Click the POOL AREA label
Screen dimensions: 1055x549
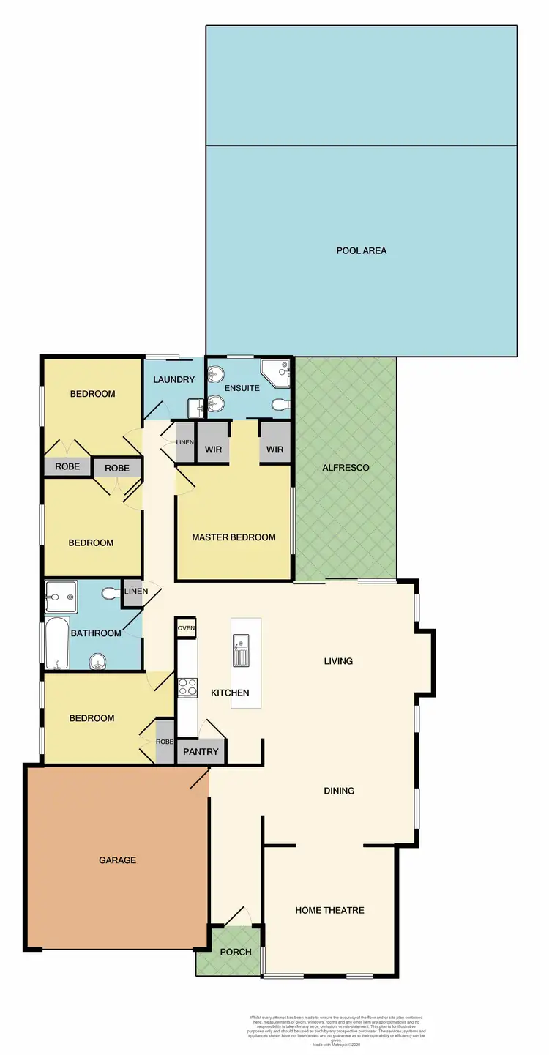point(361,250)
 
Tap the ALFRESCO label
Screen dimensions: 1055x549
point(346,467)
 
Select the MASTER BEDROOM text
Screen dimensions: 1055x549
point(234,537)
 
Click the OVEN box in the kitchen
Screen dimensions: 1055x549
point(186,627)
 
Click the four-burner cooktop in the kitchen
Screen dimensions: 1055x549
point(187,687)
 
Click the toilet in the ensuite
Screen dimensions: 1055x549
point(280,403)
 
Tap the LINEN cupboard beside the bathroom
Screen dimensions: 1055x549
point(133,592)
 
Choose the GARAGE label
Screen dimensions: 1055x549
point(117,860)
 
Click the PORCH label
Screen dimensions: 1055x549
point(236,952)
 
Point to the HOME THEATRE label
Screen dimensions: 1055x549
point(329,910)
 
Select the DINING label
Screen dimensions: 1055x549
point(339,791)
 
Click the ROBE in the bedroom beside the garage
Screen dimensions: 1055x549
point(165,741)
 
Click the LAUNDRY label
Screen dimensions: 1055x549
point(174,379)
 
